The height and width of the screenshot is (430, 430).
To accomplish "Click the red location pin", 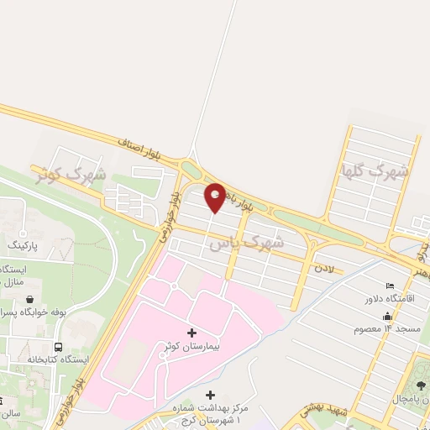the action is [215, 197].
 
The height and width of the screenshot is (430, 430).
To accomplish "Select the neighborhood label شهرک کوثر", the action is [71, 175].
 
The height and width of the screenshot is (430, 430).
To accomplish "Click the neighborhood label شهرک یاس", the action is [246, 242].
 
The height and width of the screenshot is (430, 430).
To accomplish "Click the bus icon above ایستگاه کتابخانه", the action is [58, 346].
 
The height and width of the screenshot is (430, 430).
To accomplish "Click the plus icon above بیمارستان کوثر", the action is [191, 333].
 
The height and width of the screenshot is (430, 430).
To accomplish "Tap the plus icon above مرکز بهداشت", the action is [209, 395].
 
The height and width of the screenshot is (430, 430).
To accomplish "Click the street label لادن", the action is [324, 269].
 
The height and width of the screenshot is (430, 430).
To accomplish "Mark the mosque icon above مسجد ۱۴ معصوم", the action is [386, 317].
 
